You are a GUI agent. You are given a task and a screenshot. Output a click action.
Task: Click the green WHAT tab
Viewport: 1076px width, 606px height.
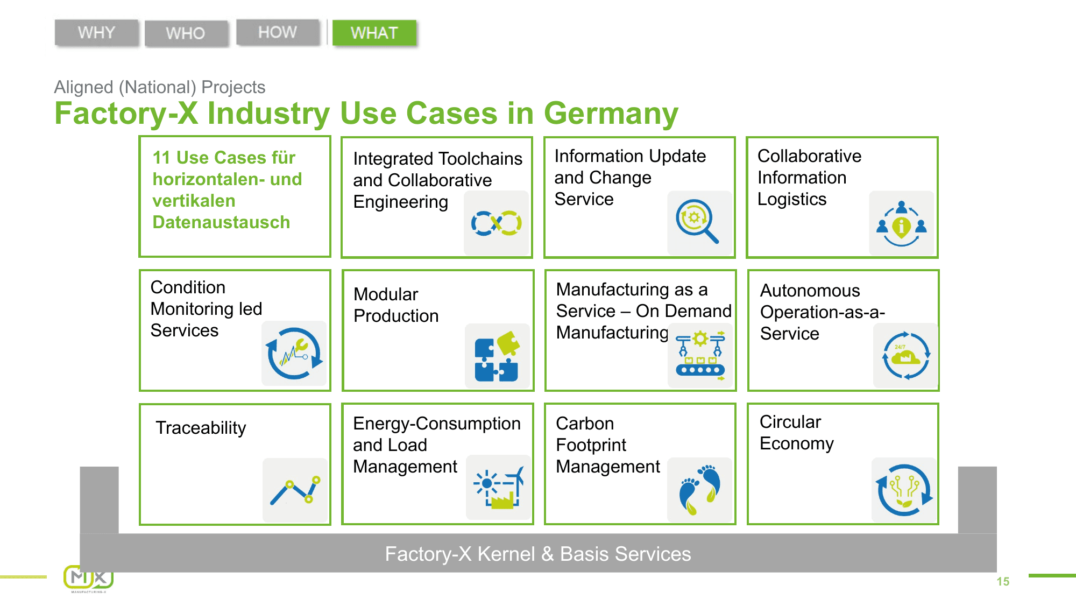click(x=374, y=33)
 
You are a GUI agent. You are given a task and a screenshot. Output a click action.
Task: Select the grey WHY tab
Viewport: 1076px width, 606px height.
click(x=96, y=33)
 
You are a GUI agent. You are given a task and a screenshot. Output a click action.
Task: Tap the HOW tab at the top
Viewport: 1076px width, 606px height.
click(x=278, y=32)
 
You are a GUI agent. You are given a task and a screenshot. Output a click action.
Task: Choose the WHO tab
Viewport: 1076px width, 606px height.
click(x=186, y=33)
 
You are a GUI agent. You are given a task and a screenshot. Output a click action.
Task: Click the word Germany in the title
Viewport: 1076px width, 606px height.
click(x=611, y=114)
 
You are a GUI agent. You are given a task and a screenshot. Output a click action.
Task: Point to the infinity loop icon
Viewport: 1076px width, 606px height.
click(x=496, y=223)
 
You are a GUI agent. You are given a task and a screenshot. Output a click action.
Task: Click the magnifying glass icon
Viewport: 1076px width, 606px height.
click(x=697, y=221)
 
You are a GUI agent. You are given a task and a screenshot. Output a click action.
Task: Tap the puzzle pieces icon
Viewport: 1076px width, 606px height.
click(x=497, y=356)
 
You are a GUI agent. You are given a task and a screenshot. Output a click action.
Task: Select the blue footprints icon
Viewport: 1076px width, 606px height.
click(x=699, y=489)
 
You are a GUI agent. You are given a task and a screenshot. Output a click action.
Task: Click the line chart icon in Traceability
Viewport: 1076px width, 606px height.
click(x=295, y=490)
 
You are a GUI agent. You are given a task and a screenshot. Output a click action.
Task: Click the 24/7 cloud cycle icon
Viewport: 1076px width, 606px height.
click(x=905, y=356)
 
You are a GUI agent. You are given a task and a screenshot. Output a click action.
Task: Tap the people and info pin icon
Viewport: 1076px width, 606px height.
click(x=902, y=223)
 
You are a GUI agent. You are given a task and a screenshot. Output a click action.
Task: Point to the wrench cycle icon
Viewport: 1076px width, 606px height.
click(x=294, y=354)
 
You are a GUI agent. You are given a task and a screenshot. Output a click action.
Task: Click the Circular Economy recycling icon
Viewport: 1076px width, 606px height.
click(x=904, y=490)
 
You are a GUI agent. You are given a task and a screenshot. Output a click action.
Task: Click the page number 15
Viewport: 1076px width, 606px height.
click(x=1002, y=581)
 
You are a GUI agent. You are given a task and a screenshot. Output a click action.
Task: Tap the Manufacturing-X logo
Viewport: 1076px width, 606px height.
click(x=88, y=579)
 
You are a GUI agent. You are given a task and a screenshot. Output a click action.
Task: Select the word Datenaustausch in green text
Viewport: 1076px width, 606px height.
click(x=221, y=222)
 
